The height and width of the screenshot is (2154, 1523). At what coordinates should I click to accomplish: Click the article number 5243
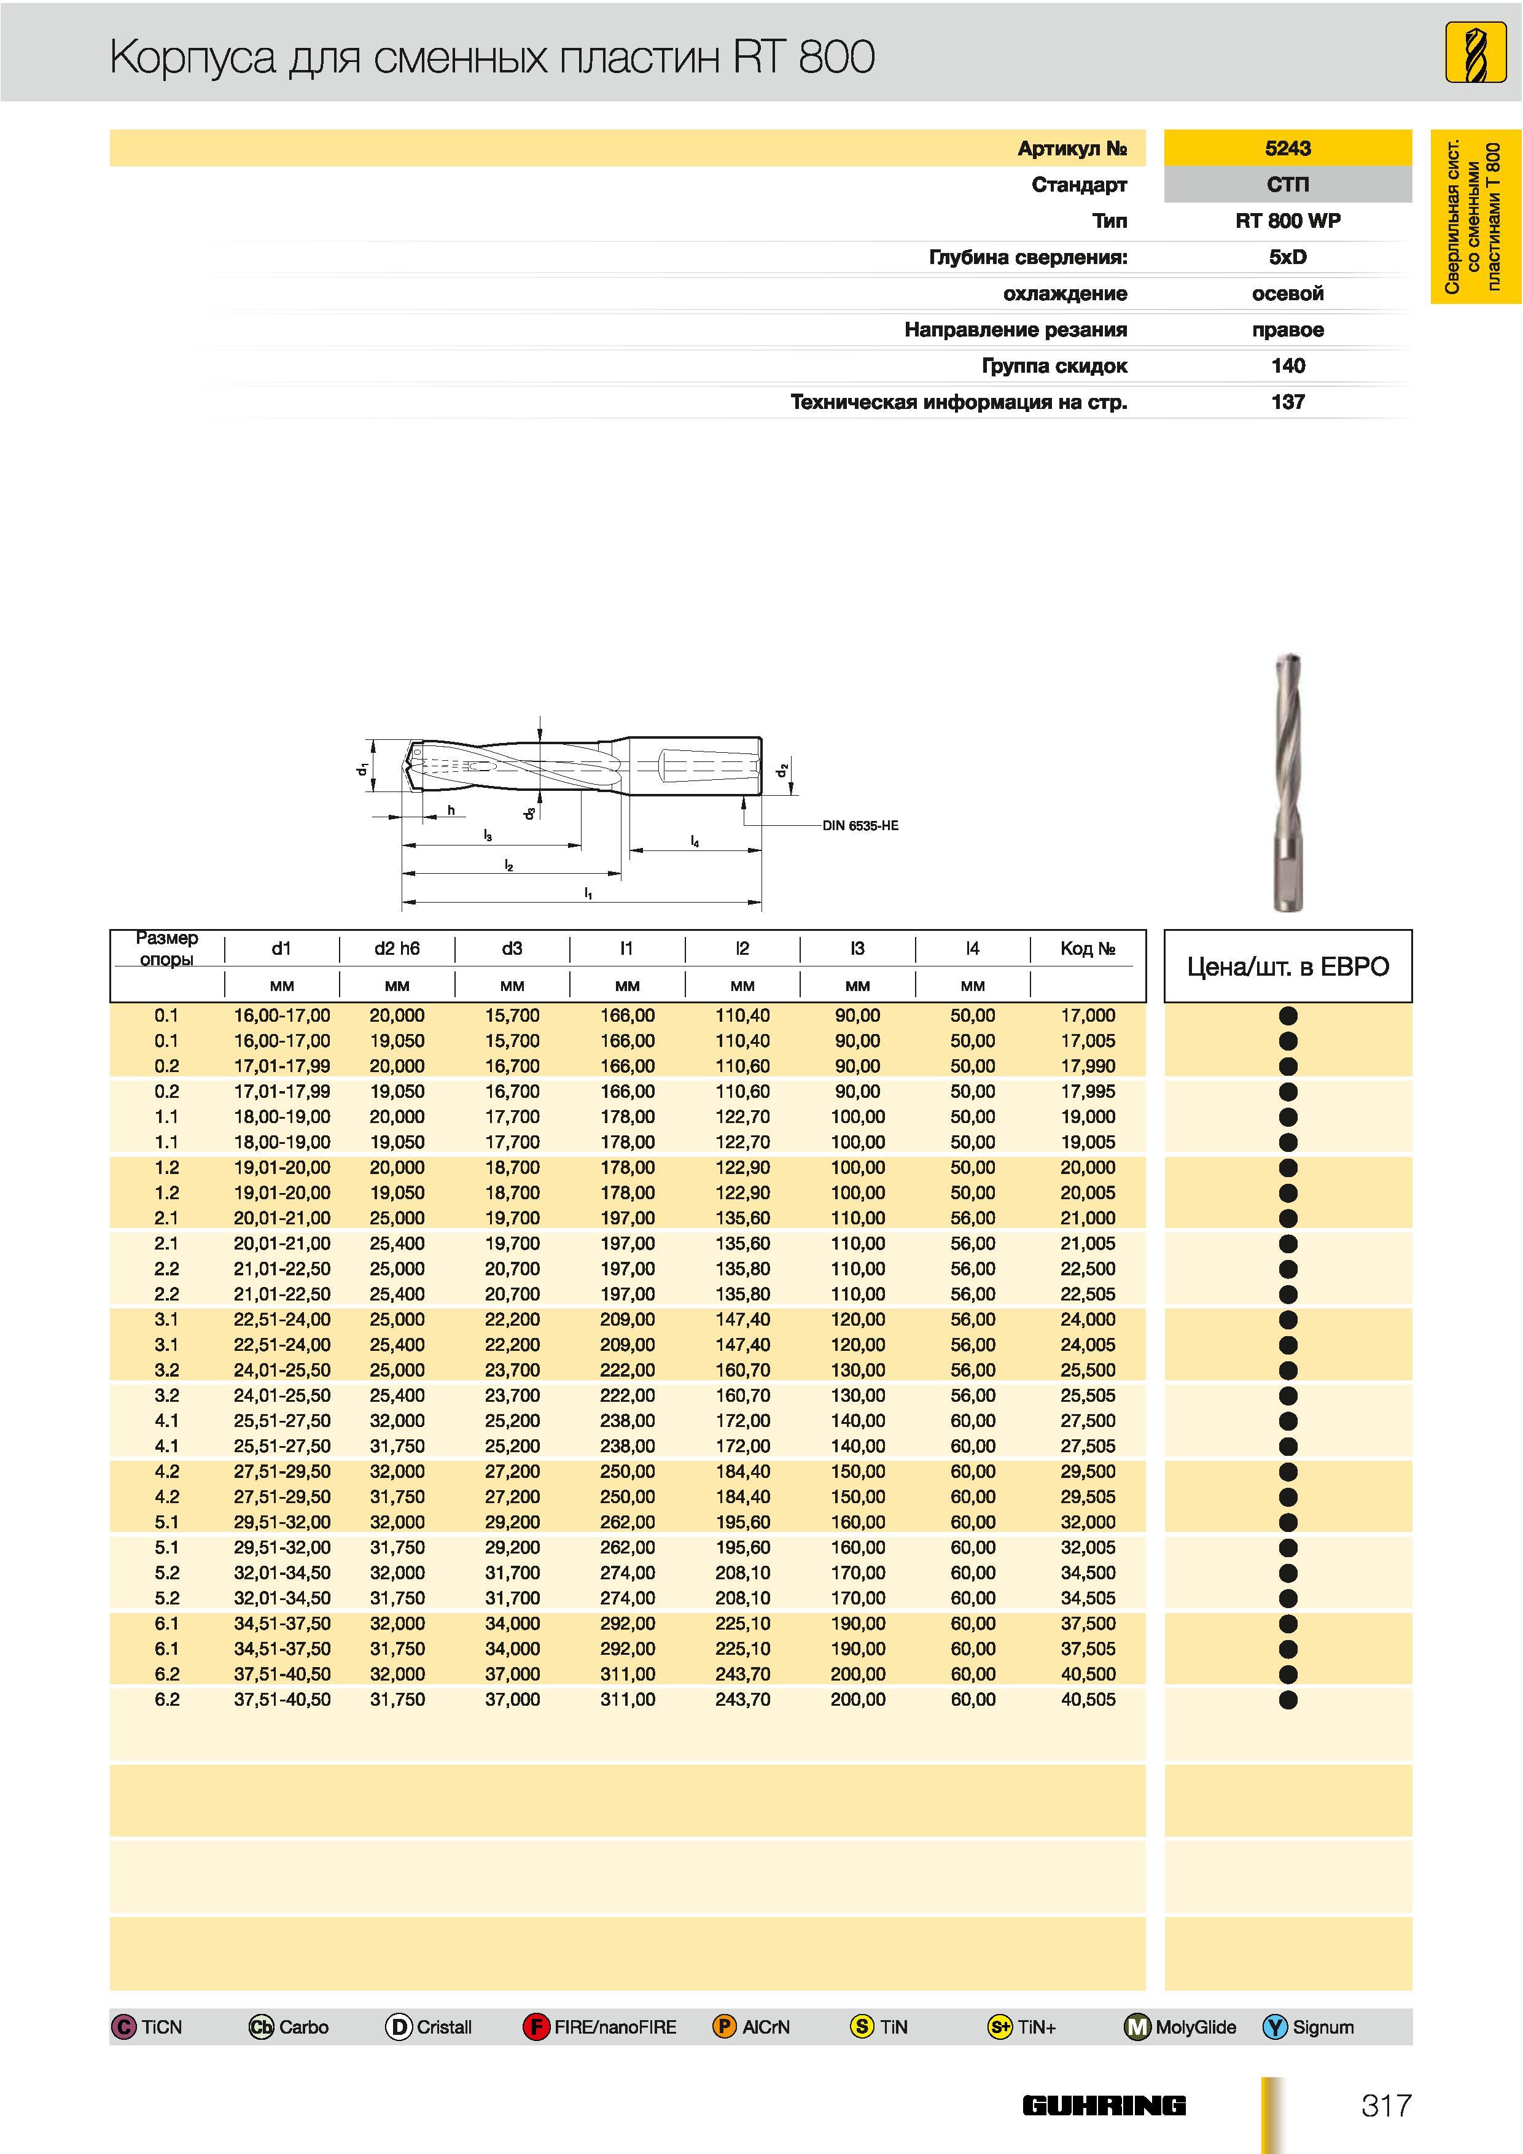click(1287, 148)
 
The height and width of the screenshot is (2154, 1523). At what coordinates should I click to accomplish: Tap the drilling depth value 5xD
click(1287, 257)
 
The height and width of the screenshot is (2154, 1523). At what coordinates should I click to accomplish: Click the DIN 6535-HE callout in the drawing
click(860, 826)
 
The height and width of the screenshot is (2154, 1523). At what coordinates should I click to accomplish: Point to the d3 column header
click(512, 949)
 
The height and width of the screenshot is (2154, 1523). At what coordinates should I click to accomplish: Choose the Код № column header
click(1088, 949)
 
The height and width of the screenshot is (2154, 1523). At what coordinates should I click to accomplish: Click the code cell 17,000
click(1088, 1015)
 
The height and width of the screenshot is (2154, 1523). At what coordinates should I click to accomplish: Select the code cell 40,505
click(1088, 1699)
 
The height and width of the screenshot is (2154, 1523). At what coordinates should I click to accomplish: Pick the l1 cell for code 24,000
click(627, 1319)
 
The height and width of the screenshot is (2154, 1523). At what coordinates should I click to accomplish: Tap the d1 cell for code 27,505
click(281, 1445)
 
